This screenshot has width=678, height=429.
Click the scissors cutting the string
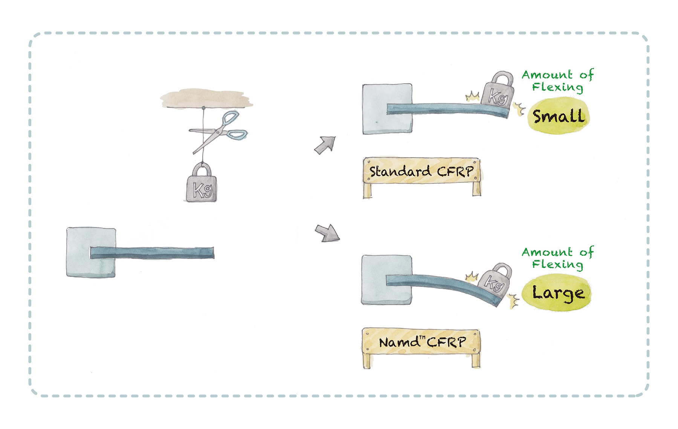coord(218,130)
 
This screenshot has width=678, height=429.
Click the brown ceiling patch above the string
coord(206,99)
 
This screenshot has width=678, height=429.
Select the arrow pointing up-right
coord(325,145)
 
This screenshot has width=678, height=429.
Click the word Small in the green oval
coord(559,116)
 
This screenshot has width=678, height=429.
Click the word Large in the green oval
coord(558,293)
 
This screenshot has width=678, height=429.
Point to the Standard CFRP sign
coord(421,172)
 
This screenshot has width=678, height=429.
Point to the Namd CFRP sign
coord(421,342)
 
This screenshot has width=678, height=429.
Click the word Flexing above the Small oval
coord(557,87)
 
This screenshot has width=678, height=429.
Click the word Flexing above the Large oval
coord(557,264)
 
